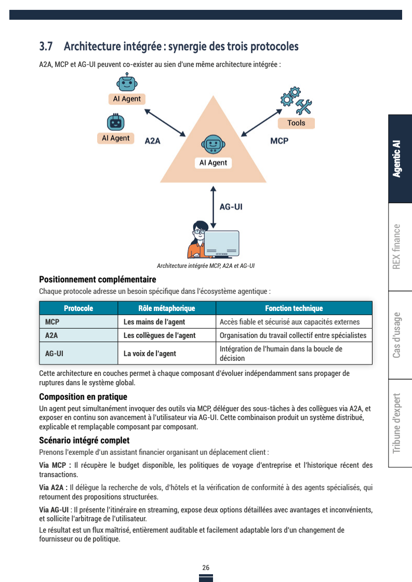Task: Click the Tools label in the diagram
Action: [x=296, y=123]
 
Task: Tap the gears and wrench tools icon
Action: [x=296, y=101]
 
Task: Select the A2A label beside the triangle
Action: [x=152, y=141]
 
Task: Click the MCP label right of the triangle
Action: [x=279, y=141]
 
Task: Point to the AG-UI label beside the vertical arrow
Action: [x=231, y=207]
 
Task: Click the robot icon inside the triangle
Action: [x=212, y=145]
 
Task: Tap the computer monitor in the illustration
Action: [x=221, y=243]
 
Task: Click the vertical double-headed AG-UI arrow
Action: [x=214, y=206]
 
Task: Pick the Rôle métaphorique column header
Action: [x=166, y=308]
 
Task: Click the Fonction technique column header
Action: [x=294, y=308]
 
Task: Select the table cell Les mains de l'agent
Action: [x=154, y=322]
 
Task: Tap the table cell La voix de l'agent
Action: [x=150, y=354]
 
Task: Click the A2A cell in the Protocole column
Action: [x=51, y=335]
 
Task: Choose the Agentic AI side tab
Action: [x=399, y=158]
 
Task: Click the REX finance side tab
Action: [x=399, y=247]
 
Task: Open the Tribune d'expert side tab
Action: [x=399, y=423]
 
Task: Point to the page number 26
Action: [x=206, y=567]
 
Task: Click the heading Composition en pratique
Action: [x=83, y=397]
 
